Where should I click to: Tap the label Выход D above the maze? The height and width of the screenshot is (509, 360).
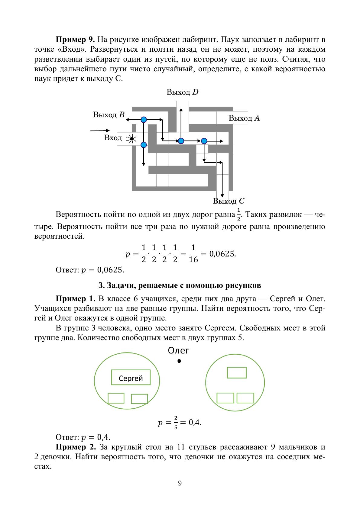pos(182,92)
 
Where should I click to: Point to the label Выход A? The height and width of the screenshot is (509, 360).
pos(244,118)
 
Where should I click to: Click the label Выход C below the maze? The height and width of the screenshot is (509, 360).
pos(229,201)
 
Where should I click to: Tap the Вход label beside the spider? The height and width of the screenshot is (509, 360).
pos(113,138)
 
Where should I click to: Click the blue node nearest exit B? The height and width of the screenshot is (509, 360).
pos(144,120)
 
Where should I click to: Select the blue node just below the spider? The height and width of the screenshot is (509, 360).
pos(144,145)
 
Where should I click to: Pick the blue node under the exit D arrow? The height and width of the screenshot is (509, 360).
pos(181,141)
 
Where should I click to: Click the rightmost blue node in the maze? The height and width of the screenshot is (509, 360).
pos(204,141)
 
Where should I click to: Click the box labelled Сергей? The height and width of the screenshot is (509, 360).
pos(131,377)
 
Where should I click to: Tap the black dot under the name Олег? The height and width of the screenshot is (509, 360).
pos(179,361)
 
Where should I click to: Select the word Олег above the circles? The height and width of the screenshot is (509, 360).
pos(178,351)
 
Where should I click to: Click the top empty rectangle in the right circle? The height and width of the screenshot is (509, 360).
pos(237,372)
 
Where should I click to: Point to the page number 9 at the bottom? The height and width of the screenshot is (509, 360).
pos(180,483)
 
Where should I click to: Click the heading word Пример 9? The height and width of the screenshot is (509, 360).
pos(75,40)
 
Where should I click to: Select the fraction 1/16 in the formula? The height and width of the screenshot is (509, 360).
pos(193,254)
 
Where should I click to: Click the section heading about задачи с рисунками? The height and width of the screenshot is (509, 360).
pos(180,285)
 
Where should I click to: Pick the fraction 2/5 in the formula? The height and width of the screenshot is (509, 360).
pos(175,422)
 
